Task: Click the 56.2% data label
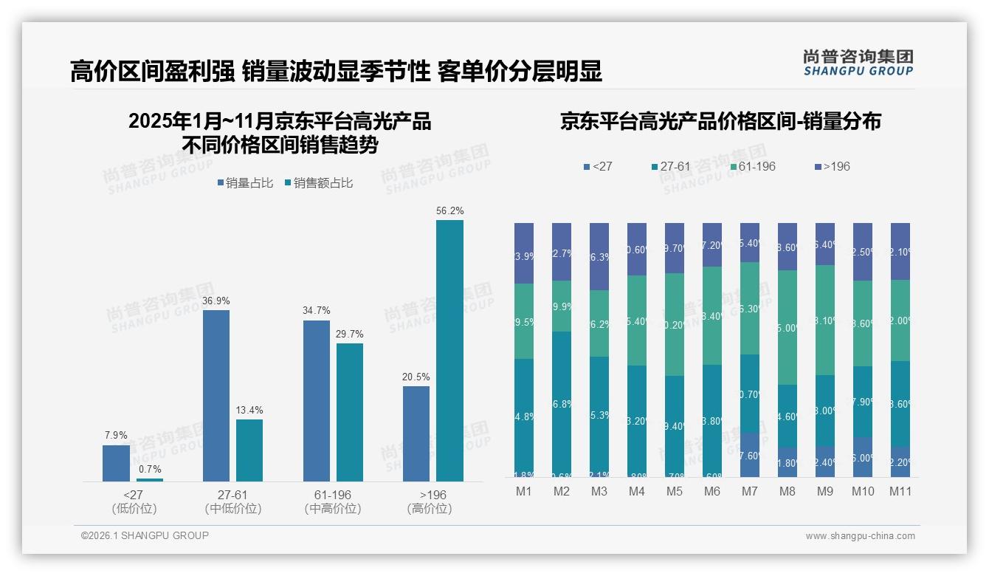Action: click(x=449, y=210)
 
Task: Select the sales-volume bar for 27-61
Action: click(x=216, y=395)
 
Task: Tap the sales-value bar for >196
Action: click(x=449, y=351)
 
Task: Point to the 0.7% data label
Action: click(x=149, y=469)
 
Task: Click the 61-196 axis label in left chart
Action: click(x=332, y=494)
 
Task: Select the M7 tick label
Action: click(x=749, y=491)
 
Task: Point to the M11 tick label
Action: click(x=900, y=491)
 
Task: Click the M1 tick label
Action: click(x=523, y=491)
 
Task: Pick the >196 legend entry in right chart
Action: click(x=831, y=166)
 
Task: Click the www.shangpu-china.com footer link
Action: click(x=860, y=535)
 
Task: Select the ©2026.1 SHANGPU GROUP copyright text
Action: click(x=145, y=535)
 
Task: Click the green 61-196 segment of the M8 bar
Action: click(x=787, y=327)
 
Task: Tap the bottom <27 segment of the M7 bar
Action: click(x=749, y=455)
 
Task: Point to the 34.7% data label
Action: click(x=316, y=310)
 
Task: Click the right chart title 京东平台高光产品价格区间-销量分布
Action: click(x=720, y=121)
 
